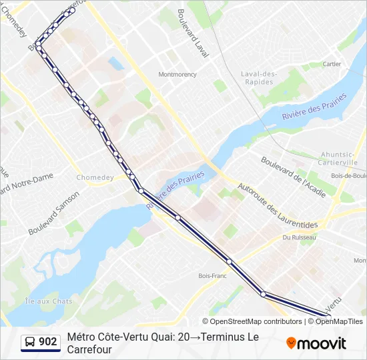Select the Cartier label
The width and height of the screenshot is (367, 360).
(332, 65)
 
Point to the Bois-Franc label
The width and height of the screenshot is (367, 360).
(213, 275)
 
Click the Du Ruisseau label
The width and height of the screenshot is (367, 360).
(297, 237)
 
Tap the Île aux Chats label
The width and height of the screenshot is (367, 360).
(48, 301)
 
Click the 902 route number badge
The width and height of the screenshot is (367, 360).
(47, 342)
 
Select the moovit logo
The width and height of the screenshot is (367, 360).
(316, 343)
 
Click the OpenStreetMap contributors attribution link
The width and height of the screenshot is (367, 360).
(256, 321)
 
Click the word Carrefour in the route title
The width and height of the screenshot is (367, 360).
(89, 349)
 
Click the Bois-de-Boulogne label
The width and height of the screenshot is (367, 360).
(348, 176)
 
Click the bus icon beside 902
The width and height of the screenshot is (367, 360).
(30, 343)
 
